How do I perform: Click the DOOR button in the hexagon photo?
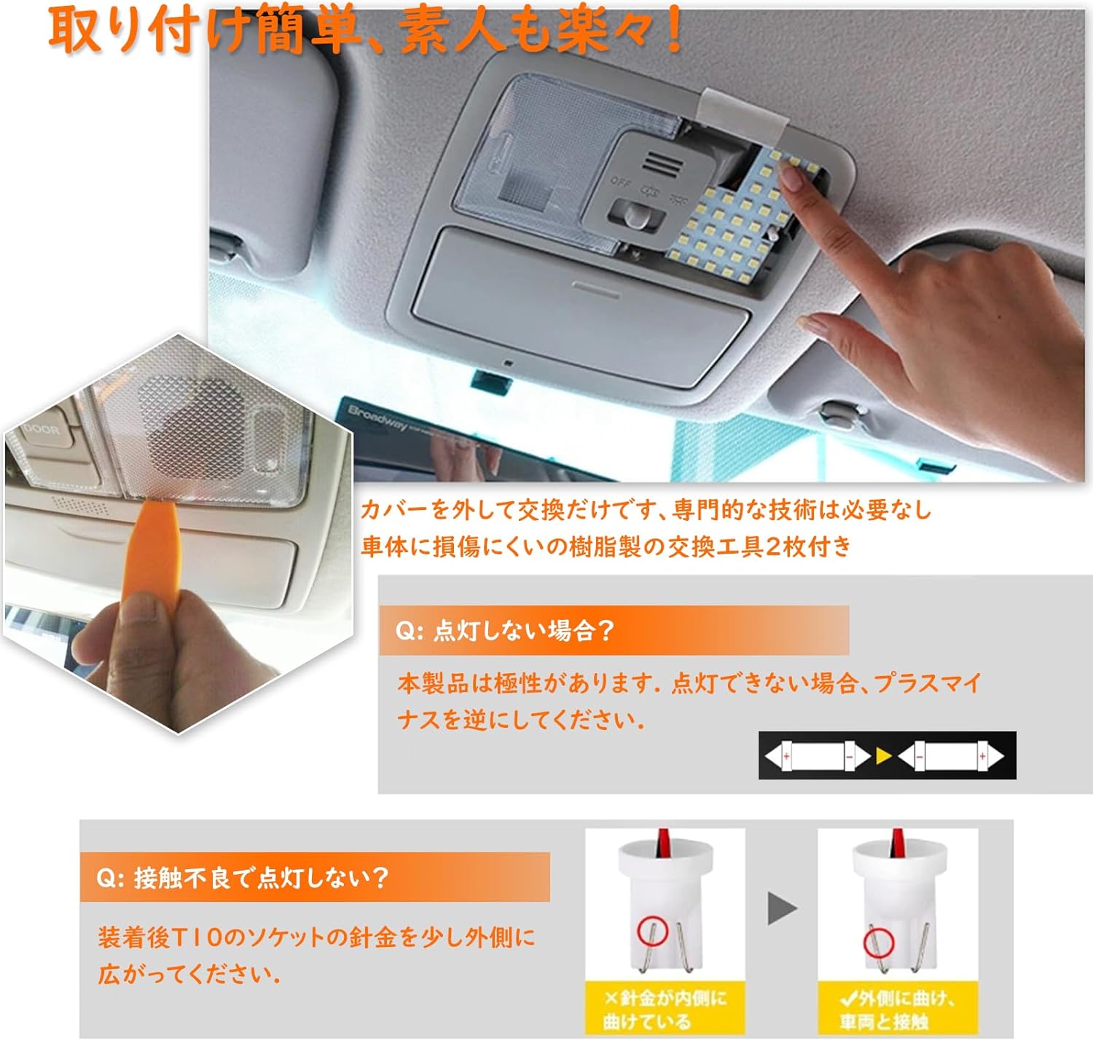41,430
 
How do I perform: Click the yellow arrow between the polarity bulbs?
883,756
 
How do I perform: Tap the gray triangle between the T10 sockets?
781,908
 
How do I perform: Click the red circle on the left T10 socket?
652,930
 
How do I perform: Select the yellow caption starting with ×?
665,1009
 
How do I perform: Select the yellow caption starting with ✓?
896,1009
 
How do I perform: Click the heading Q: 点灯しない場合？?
505,630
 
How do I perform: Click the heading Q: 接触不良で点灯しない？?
243,878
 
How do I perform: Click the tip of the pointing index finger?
791,170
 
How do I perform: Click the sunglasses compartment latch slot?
595,286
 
